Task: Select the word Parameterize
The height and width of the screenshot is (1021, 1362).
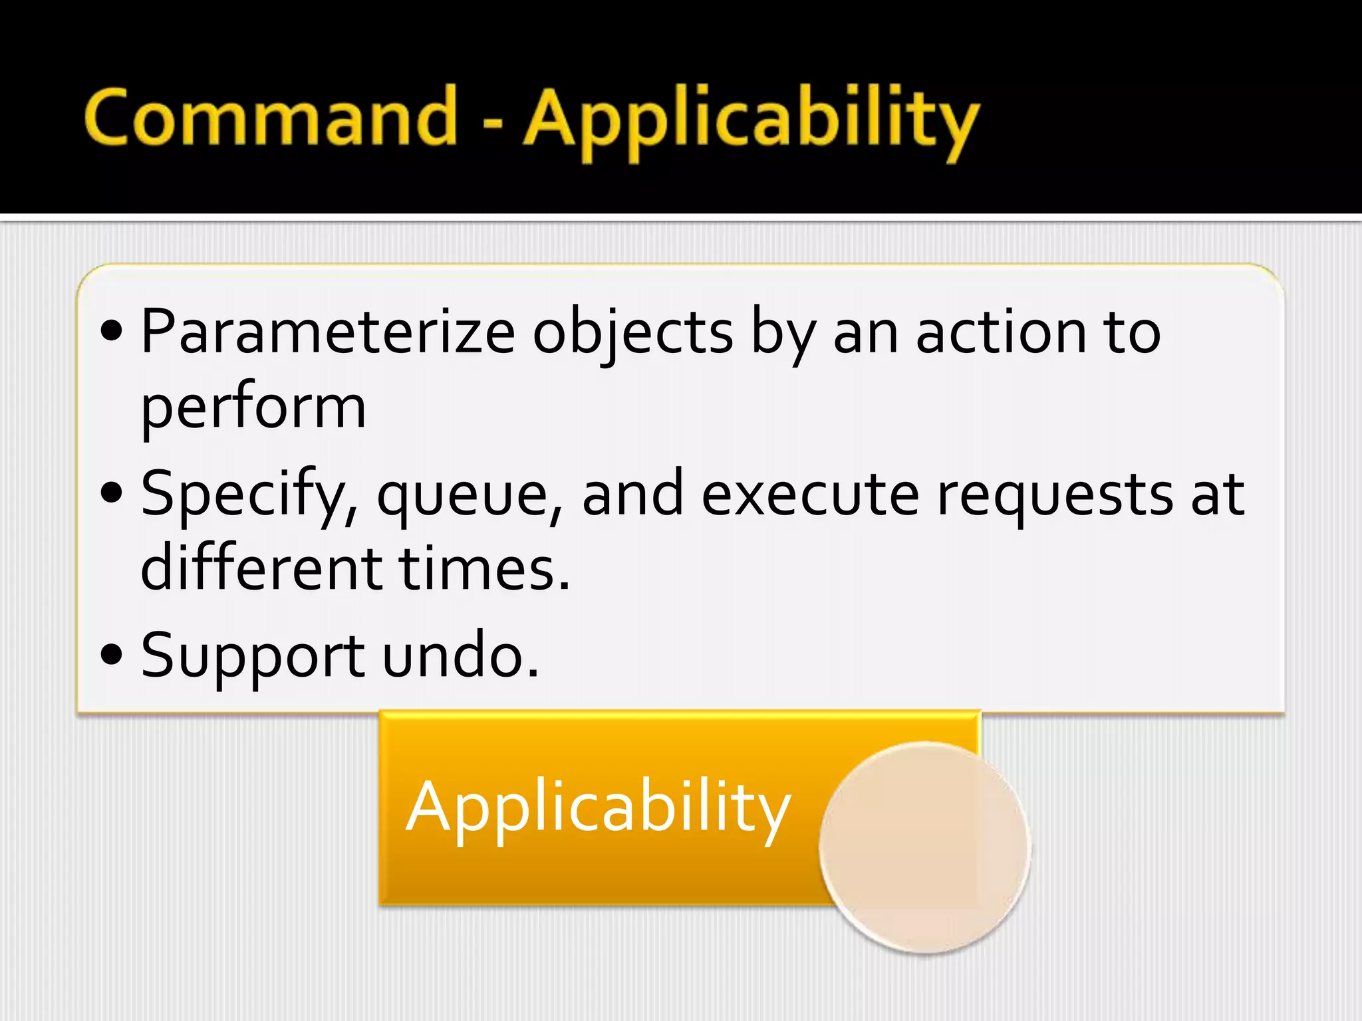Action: (328, 332)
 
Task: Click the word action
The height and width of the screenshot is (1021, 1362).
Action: (1000, 332)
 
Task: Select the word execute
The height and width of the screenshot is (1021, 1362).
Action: (811, 495)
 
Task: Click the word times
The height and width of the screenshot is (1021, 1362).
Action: (483, 568)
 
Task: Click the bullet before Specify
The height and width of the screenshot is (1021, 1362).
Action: (112, 493)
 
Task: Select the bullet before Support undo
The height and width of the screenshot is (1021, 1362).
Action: (112, 654)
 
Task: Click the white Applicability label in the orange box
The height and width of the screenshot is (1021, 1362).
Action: (599, 808)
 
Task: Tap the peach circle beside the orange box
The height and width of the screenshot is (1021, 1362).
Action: (924, 848)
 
